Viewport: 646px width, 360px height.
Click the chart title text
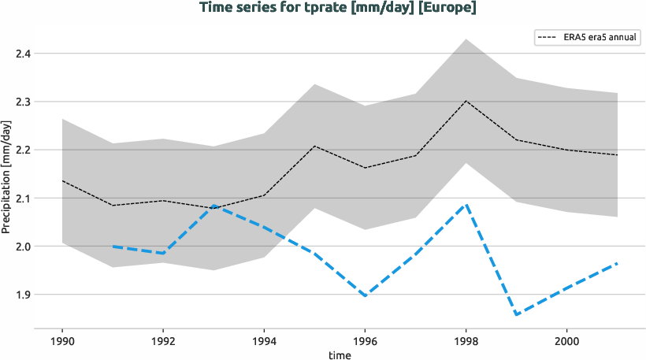338,8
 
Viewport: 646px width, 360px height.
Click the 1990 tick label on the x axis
62,343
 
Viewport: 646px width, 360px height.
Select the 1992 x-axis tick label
163,343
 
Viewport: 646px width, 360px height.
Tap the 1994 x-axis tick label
264,343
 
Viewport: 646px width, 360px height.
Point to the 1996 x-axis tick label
365,343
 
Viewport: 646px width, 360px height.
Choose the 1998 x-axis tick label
466,343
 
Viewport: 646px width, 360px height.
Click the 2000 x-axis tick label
566,343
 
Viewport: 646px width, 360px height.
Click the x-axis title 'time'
340,355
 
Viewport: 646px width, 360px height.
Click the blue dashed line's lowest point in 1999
517,314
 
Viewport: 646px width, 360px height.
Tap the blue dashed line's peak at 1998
466,205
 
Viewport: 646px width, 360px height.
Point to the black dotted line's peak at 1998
466,101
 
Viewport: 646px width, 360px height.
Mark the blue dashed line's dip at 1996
365,296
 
